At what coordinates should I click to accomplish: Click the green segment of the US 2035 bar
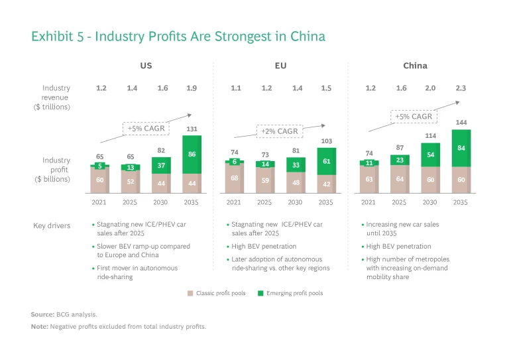[191, 154]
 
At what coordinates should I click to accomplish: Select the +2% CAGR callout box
[278, 131]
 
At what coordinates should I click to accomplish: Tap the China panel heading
[415, 66]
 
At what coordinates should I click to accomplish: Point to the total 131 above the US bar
[191, 129]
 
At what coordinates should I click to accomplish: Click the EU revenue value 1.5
[326, 88]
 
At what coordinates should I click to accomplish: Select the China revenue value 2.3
[461, 88]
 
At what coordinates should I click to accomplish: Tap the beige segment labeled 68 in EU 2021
[234, 178]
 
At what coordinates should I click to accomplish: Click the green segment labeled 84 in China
[461, 148]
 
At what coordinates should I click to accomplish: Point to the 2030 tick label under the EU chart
[296, 202]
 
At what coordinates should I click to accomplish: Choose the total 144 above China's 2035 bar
[461, 123]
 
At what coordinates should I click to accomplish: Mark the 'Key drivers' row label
[52, 225]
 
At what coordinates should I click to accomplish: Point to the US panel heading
[145, 66]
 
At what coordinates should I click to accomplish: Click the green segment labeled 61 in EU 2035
[326, 161]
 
